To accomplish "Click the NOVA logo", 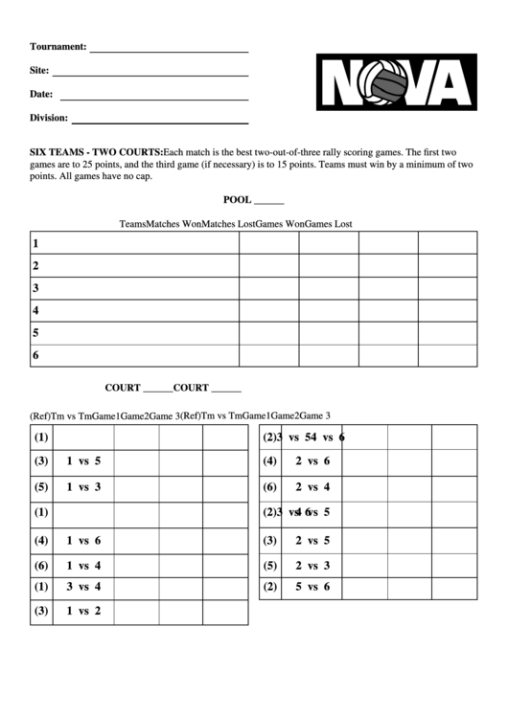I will [x=396, y=83].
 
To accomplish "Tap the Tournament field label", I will [x=58, y=46].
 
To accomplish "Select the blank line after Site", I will [x=150, y=73].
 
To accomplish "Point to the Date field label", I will [x=41, y=94].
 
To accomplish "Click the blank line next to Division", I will [x=160, y=120].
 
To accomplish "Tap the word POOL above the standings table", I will [x=237, y=200].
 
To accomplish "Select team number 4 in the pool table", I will [x=35, y=311].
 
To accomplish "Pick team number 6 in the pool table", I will [x=35, y=356].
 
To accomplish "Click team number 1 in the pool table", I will [x=35, y=243].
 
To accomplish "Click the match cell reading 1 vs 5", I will [x=83, y=460].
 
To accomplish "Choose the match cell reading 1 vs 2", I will [x=83, y=610].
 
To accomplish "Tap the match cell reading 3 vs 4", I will [x=83, y=586].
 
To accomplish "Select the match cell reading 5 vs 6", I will [x=312, y=586].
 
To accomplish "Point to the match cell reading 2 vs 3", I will [x=312, y=565].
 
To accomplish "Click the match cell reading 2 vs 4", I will [x=312, y=487].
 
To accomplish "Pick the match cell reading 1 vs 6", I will [x=83, y=540].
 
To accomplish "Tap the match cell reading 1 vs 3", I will [x=83, y=487].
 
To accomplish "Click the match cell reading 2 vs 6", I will [x=312, y=460].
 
